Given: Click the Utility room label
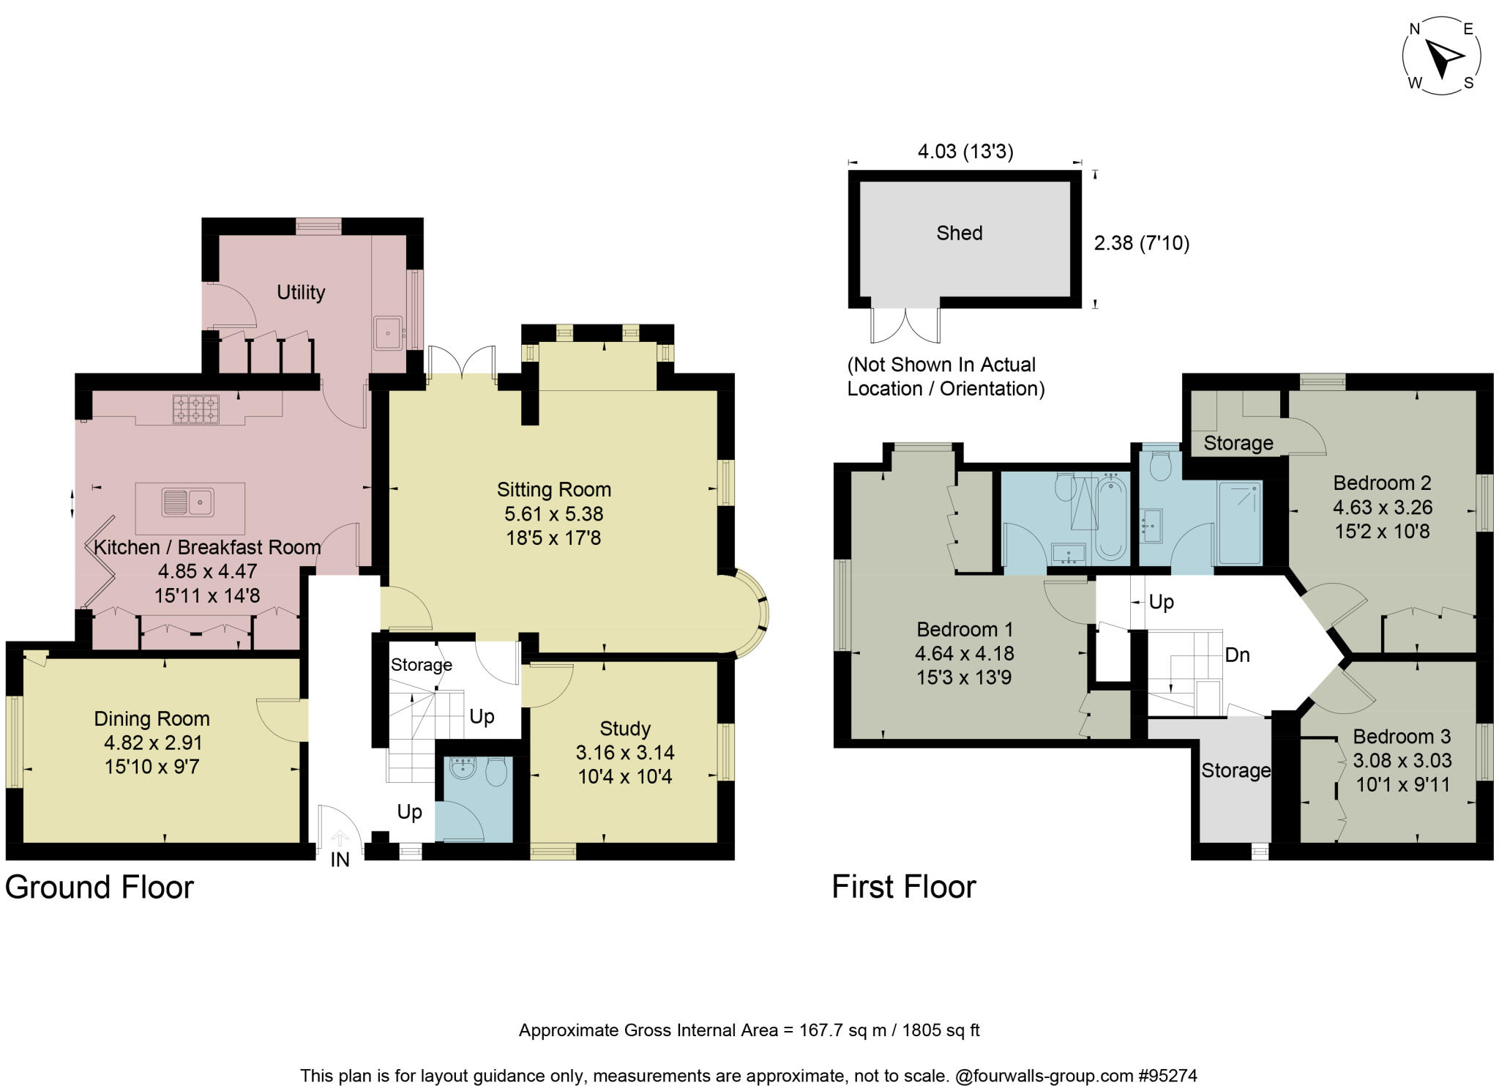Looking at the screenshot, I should (301, 292).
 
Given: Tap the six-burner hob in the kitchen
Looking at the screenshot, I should (195, 409).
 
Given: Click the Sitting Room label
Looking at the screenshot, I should (554, 489).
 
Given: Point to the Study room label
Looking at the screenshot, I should (624, 729).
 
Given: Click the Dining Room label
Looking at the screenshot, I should (152, 718).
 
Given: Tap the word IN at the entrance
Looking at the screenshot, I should (340, 860).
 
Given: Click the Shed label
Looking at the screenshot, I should (959, 233).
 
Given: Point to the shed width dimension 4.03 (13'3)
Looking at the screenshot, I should (965, 152).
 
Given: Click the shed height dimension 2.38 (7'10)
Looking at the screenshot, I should (1141, 243).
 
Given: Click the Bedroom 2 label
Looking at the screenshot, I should (1382, 483).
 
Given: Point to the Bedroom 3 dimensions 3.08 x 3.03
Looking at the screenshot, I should (1402, 760).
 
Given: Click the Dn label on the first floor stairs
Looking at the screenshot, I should (1237, 655).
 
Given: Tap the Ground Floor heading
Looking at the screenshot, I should (100, 888).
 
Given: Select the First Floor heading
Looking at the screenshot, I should (904, 888).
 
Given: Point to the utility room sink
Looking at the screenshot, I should (388, 333).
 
